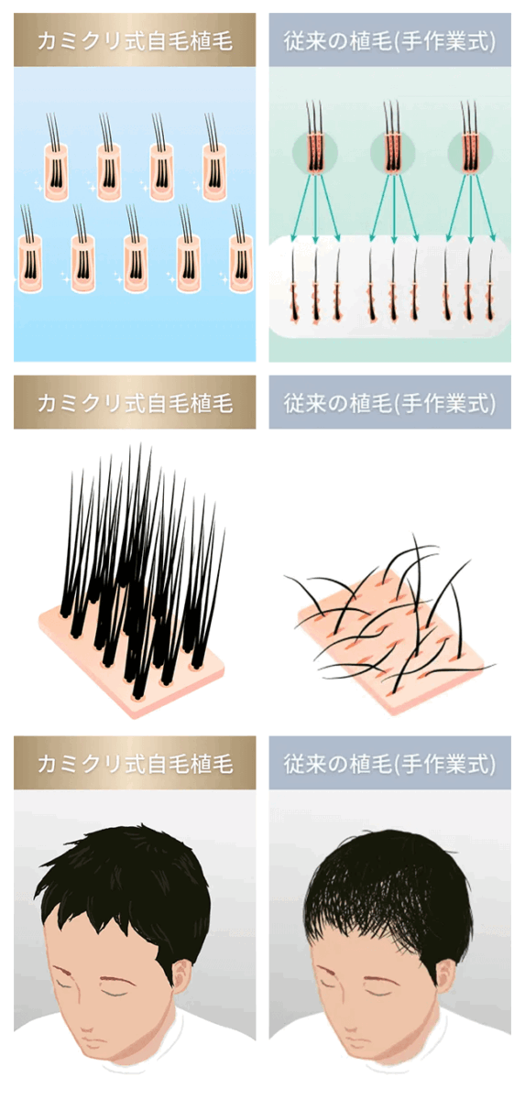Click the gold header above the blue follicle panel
pyautogui.click(x=135, y=39)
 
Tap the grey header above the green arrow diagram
pyautogui.click(x=389, y=39)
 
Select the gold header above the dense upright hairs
pyautogui.click(x=135, y=402)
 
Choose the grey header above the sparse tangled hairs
pyautogui.click(x=389, y=402)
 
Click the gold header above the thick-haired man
pyautogui.click(x=135, y=763)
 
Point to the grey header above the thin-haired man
pyautogui.click(x=389, y=763)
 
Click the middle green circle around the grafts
pyautogui.click(x=392, y=152)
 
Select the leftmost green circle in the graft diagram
pyautogui.click(x=315, y=152)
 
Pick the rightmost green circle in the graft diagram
pyautogui.click(x=470, y=152)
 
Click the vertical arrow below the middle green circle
pyautogui.click(x=393, y=208)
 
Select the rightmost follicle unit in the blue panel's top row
pyautogui.click(x=213, y=157)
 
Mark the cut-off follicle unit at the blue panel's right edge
pyautogui.click(x=240, y=249)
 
